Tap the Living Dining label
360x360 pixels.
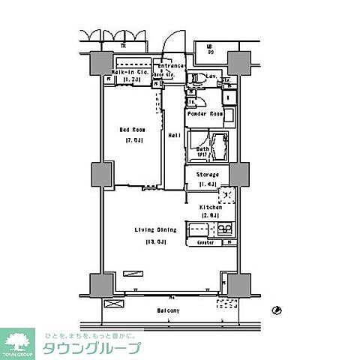[x=149, y=229]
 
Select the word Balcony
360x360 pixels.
[x=169, y=310]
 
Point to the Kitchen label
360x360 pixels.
[x=209, y=207]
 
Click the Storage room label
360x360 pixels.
[x=208, y=174]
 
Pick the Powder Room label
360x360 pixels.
[x=204, y=114]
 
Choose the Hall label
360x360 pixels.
[x=173, y=135]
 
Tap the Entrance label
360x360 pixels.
[x=172, y=65]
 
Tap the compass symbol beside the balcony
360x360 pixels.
[x=277, y=308]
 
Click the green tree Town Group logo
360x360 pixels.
[x=16, y=341]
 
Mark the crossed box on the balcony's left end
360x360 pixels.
[x=115, y=304]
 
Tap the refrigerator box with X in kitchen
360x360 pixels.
[x=226, y=196]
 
